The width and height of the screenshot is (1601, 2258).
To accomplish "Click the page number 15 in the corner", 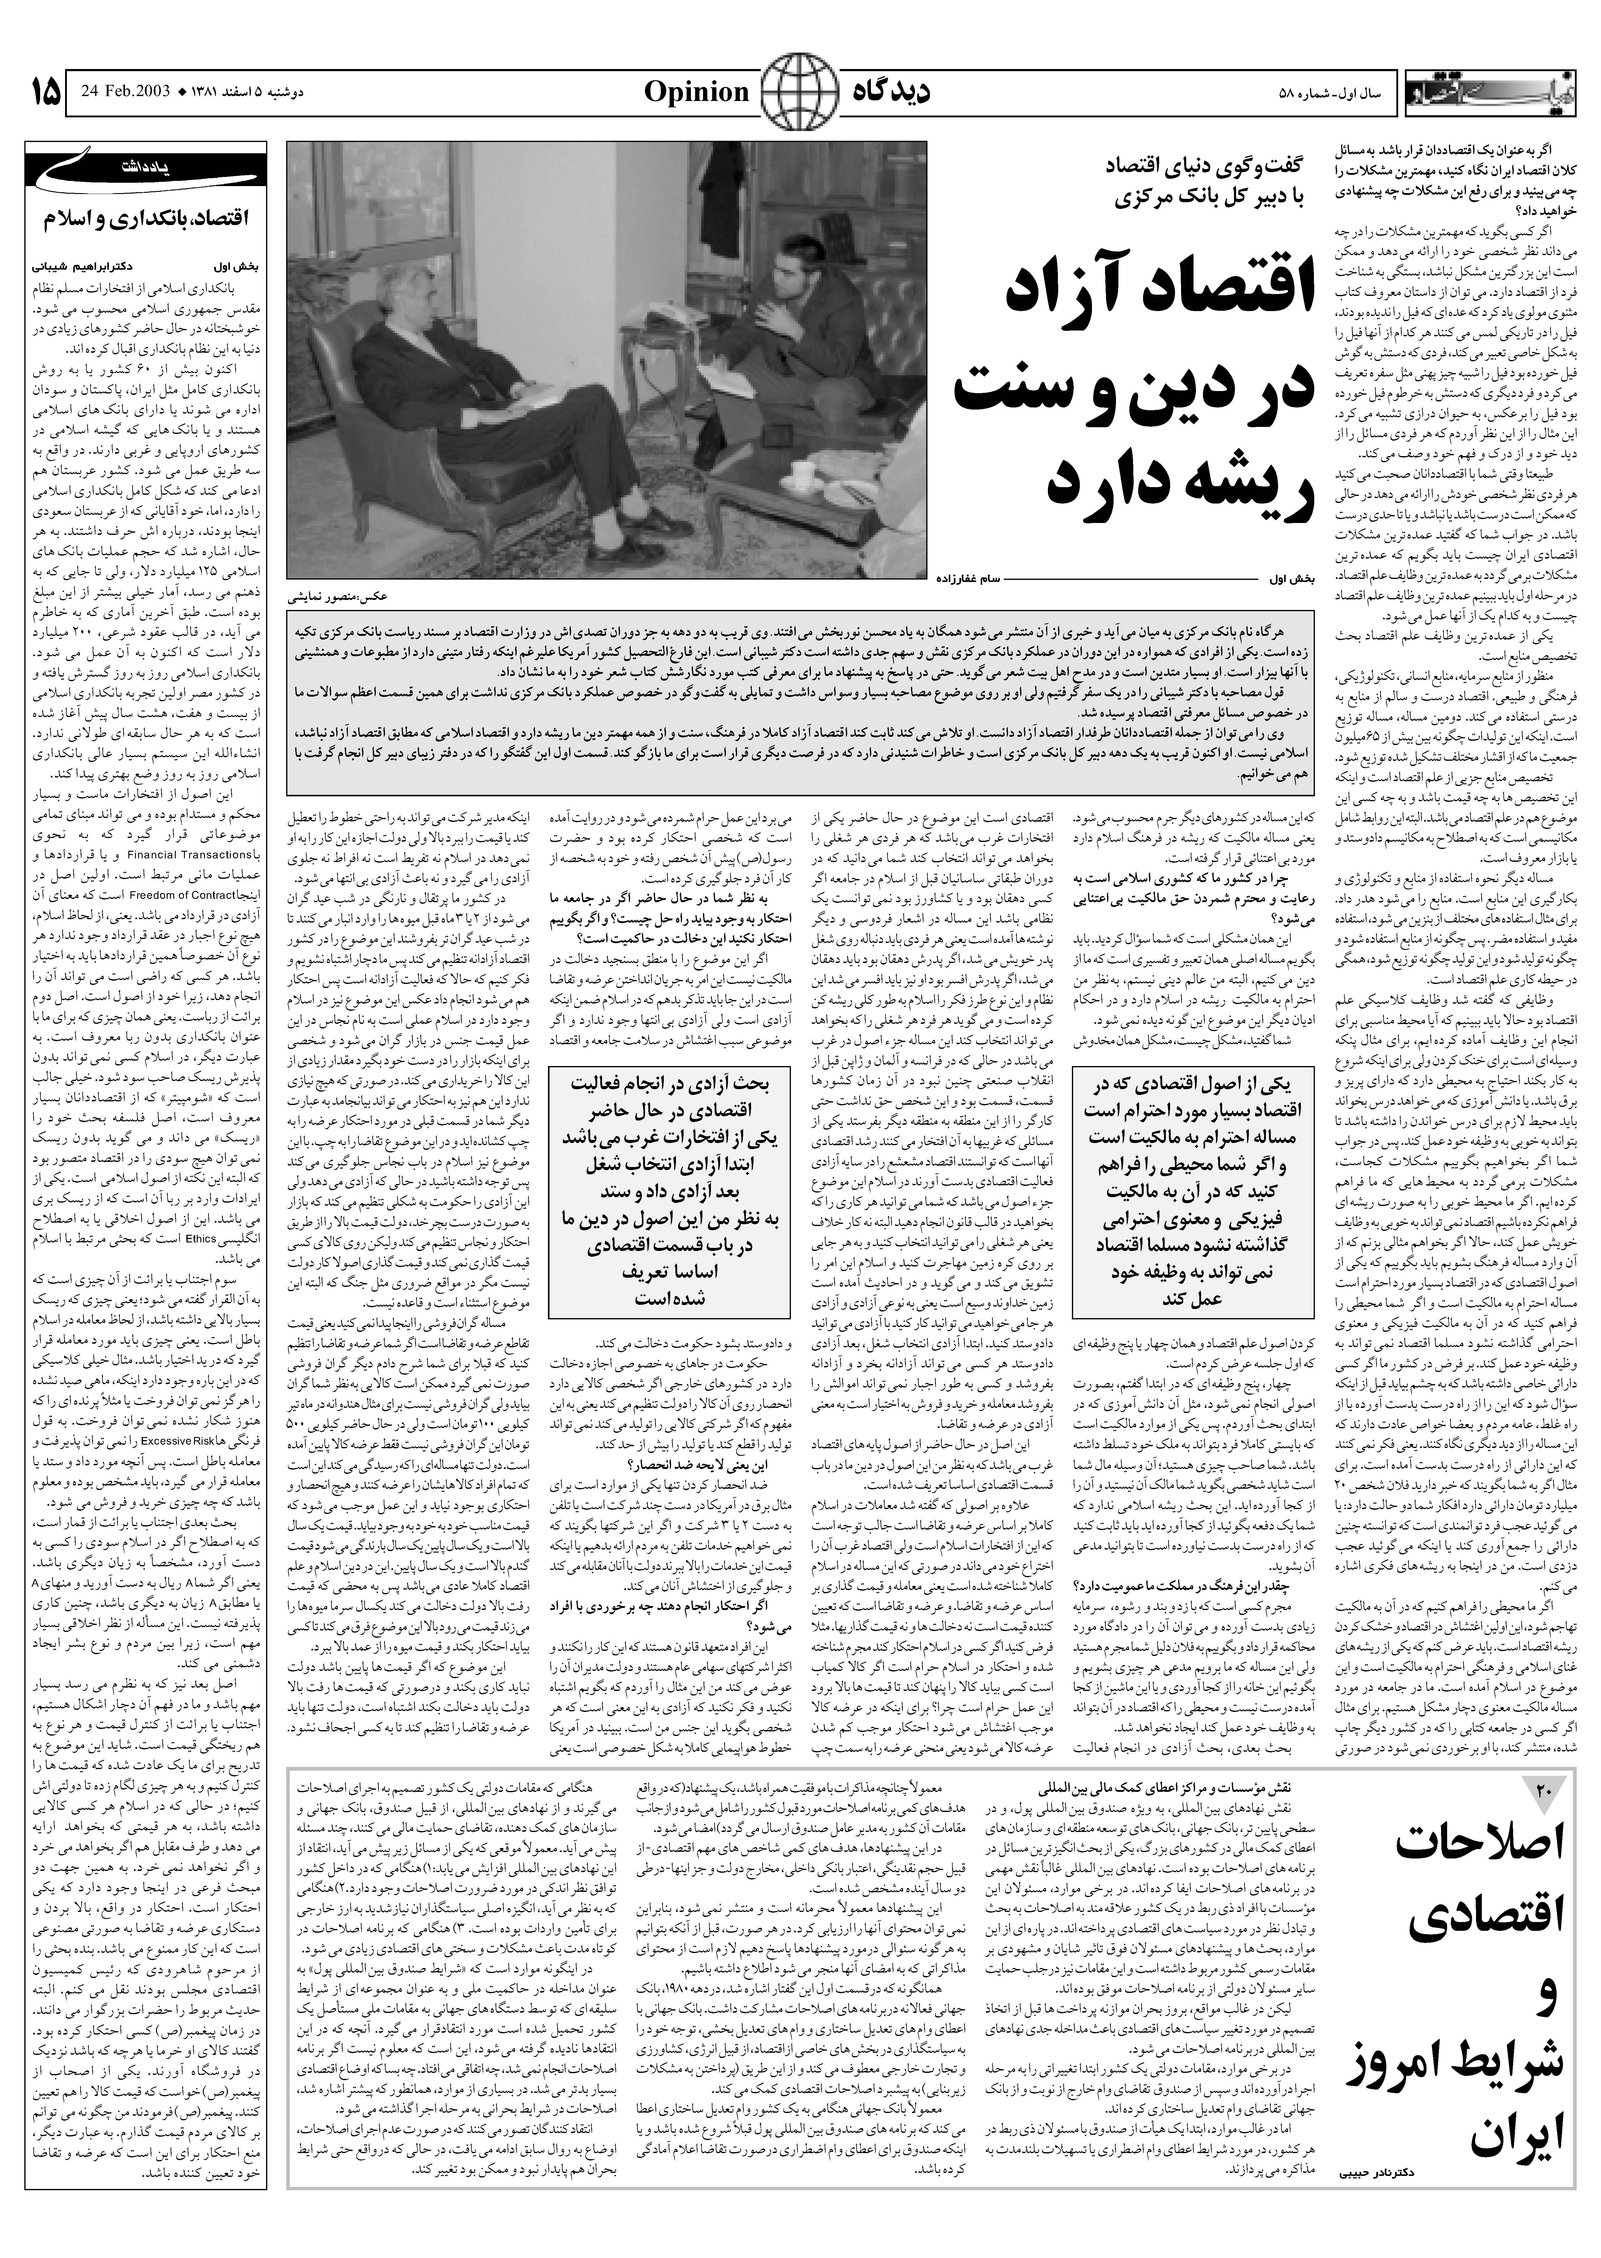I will (x=44, y=94).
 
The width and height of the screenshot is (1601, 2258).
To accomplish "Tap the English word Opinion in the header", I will (x=697, y=93).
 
